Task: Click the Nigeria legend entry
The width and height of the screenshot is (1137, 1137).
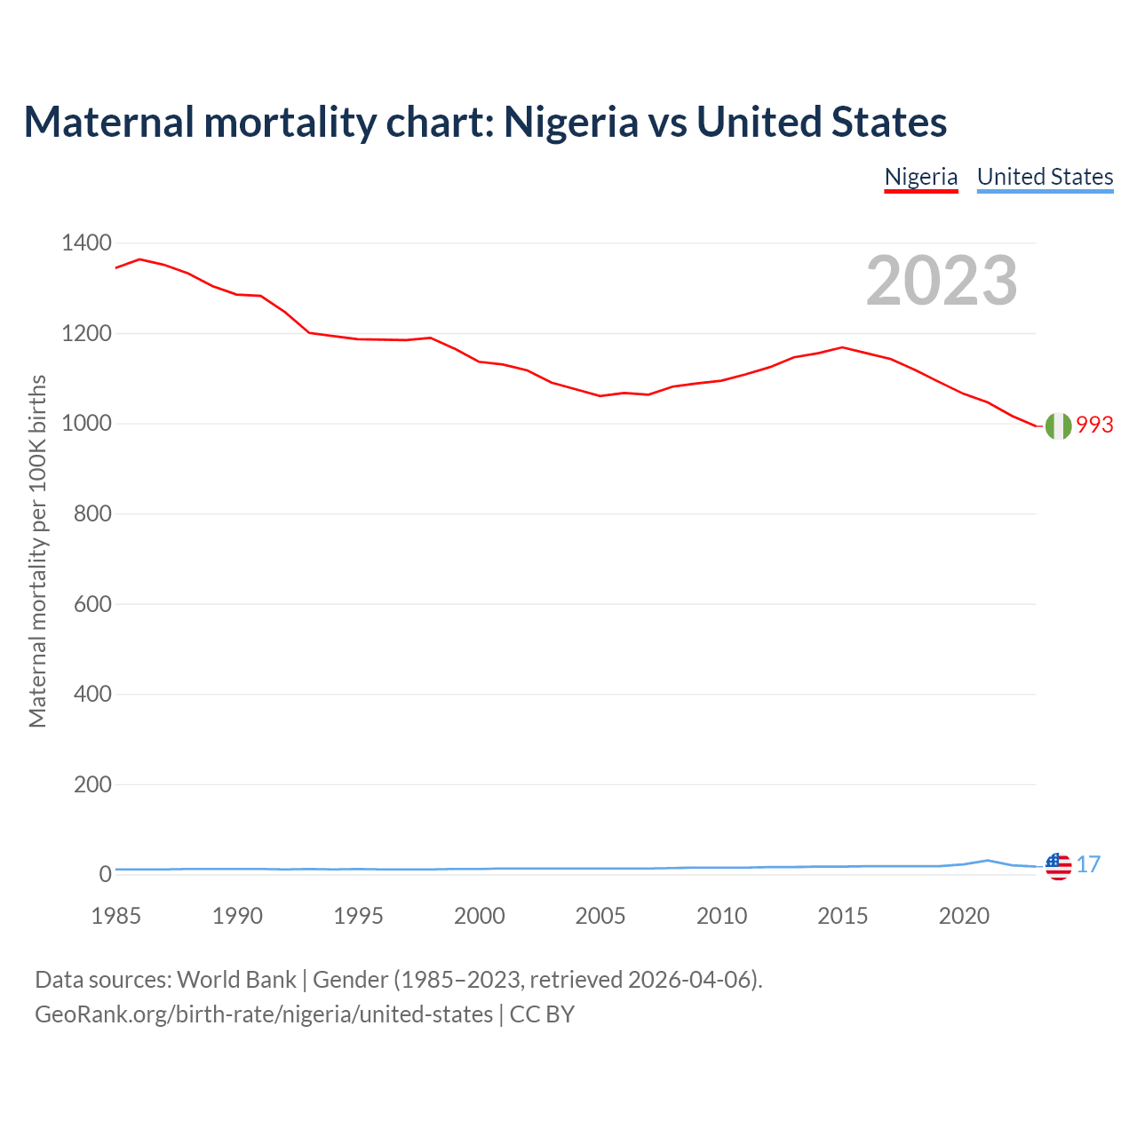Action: pos(921,177)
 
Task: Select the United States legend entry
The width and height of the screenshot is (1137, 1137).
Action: pos(1045,177)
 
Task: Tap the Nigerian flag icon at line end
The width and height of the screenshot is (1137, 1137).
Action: pos(1058,426)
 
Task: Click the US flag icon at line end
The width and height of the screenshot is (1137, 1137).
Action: pos(1058,866)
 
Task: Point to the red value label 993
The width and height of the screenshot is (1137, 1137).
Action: pos(1094,425)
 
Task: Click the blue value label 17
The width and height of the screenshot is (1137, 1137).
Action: pos(1088,864)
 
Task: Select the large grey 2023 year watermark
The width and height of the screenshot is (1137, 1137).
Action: pos(942,281)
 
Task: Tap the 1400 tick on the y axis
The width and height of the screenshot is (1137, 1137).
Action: pos(86,243)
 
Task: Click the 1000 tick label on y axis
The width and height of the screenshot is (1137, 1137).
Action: pos(86,424)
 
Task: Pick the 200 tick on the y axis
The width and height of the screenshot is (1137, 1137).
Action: pos(92,784)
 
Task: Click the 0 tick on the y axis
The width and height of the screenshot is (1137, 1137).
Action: pos(105,874)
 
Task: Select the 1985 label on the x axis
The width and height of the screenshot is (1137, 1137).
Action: pos(116,916)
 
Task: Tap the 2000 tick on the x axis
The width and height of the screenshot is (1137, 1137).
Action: pos(480,916)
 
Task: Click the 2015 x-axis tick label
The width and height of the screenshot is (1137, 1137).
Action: pos(843,916)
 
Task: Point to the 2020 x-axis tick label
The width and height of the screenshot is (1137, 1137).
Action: pos(964,916)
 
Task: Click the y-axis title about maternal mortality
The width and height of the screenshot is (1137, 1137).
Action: pos(37,551)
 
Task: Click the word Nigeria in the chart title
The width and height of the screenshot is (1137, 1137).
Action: pos(570,122)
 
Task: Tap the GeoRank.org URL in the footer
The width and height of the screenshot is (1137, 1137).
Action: pos(264,1014)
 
